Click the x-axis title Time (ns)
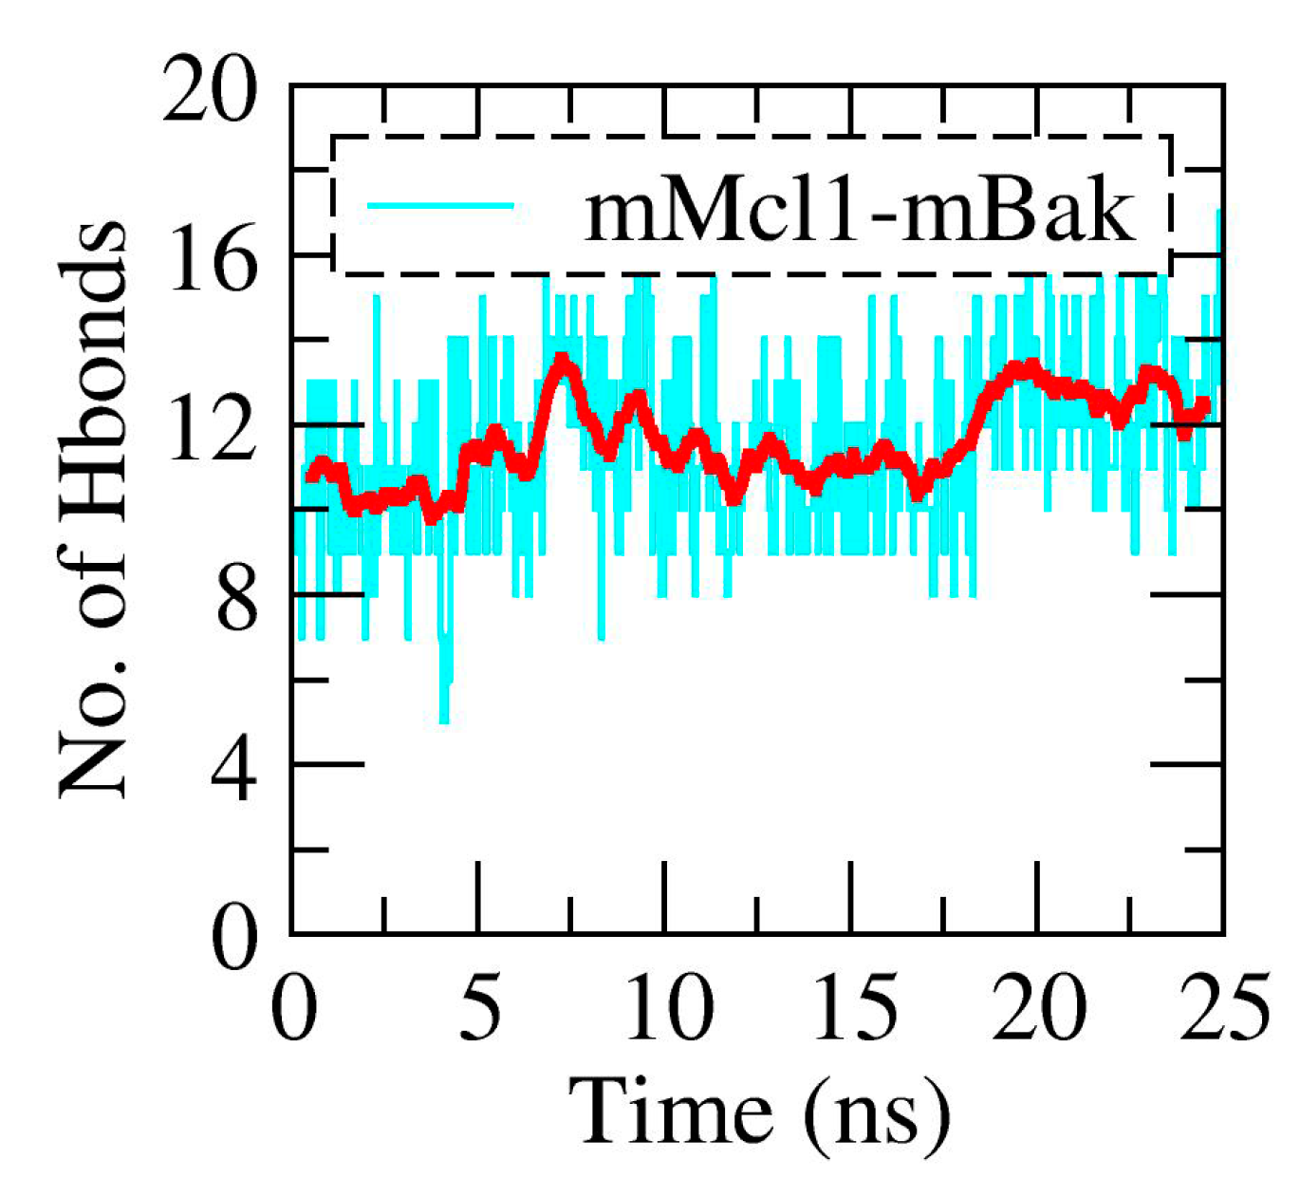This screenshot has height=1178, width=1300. (x=759, y=1111)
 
